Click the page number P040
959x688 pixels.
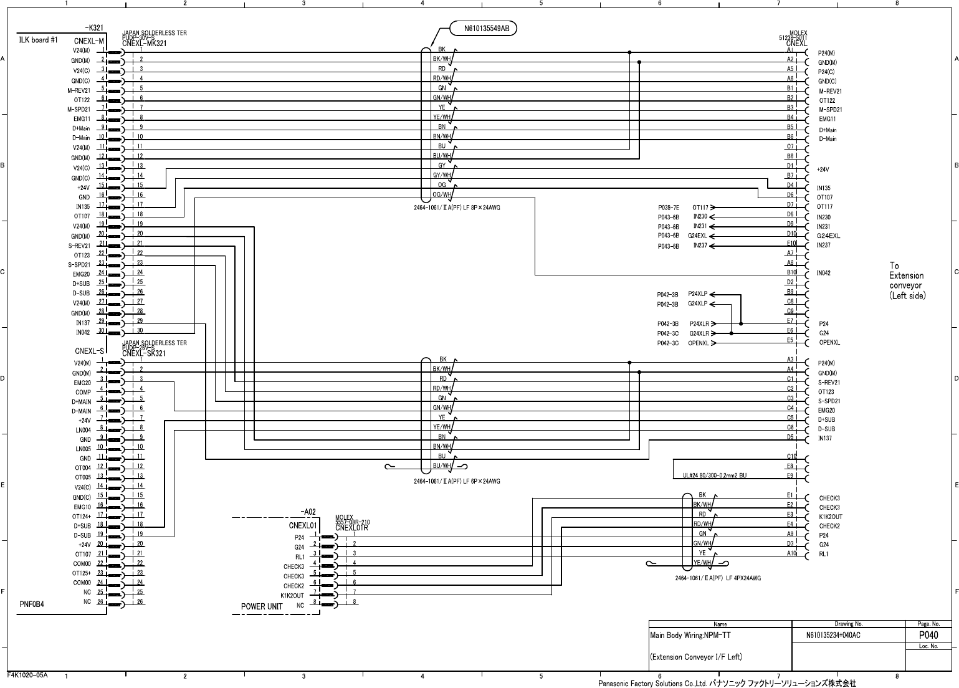pos(928,635)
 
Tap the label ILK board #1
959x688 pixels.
pos(39,41)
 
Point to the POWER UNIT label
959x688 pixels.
pos(262,606)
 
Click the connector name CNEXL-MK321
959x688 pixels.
pos(144,44)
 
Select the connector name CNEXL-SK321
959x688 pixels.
pos(144,353)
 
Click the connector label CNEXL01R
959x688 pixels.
pos(351,528)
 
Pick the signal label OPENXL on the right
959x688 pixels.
pos(829,343)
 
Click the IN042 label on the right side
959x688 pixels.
pos(824,273)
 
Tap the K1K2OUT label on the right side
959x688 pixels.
pos(831,517)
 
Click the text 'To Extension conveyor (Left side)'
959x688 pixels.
pos(907,281)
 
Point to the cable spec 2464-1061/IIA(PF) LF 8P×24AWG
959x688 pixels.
pos(457,208)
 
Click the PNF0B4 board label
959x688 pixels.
pos(32,604)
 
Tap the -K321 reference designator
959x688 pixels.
pos(94,28)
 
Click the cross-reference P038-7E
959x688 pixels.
pos(668,207)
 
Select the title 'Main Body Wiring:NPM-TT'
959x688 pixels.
pos(690,636)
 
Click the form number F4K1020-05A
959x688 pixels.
pos(27,675)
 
